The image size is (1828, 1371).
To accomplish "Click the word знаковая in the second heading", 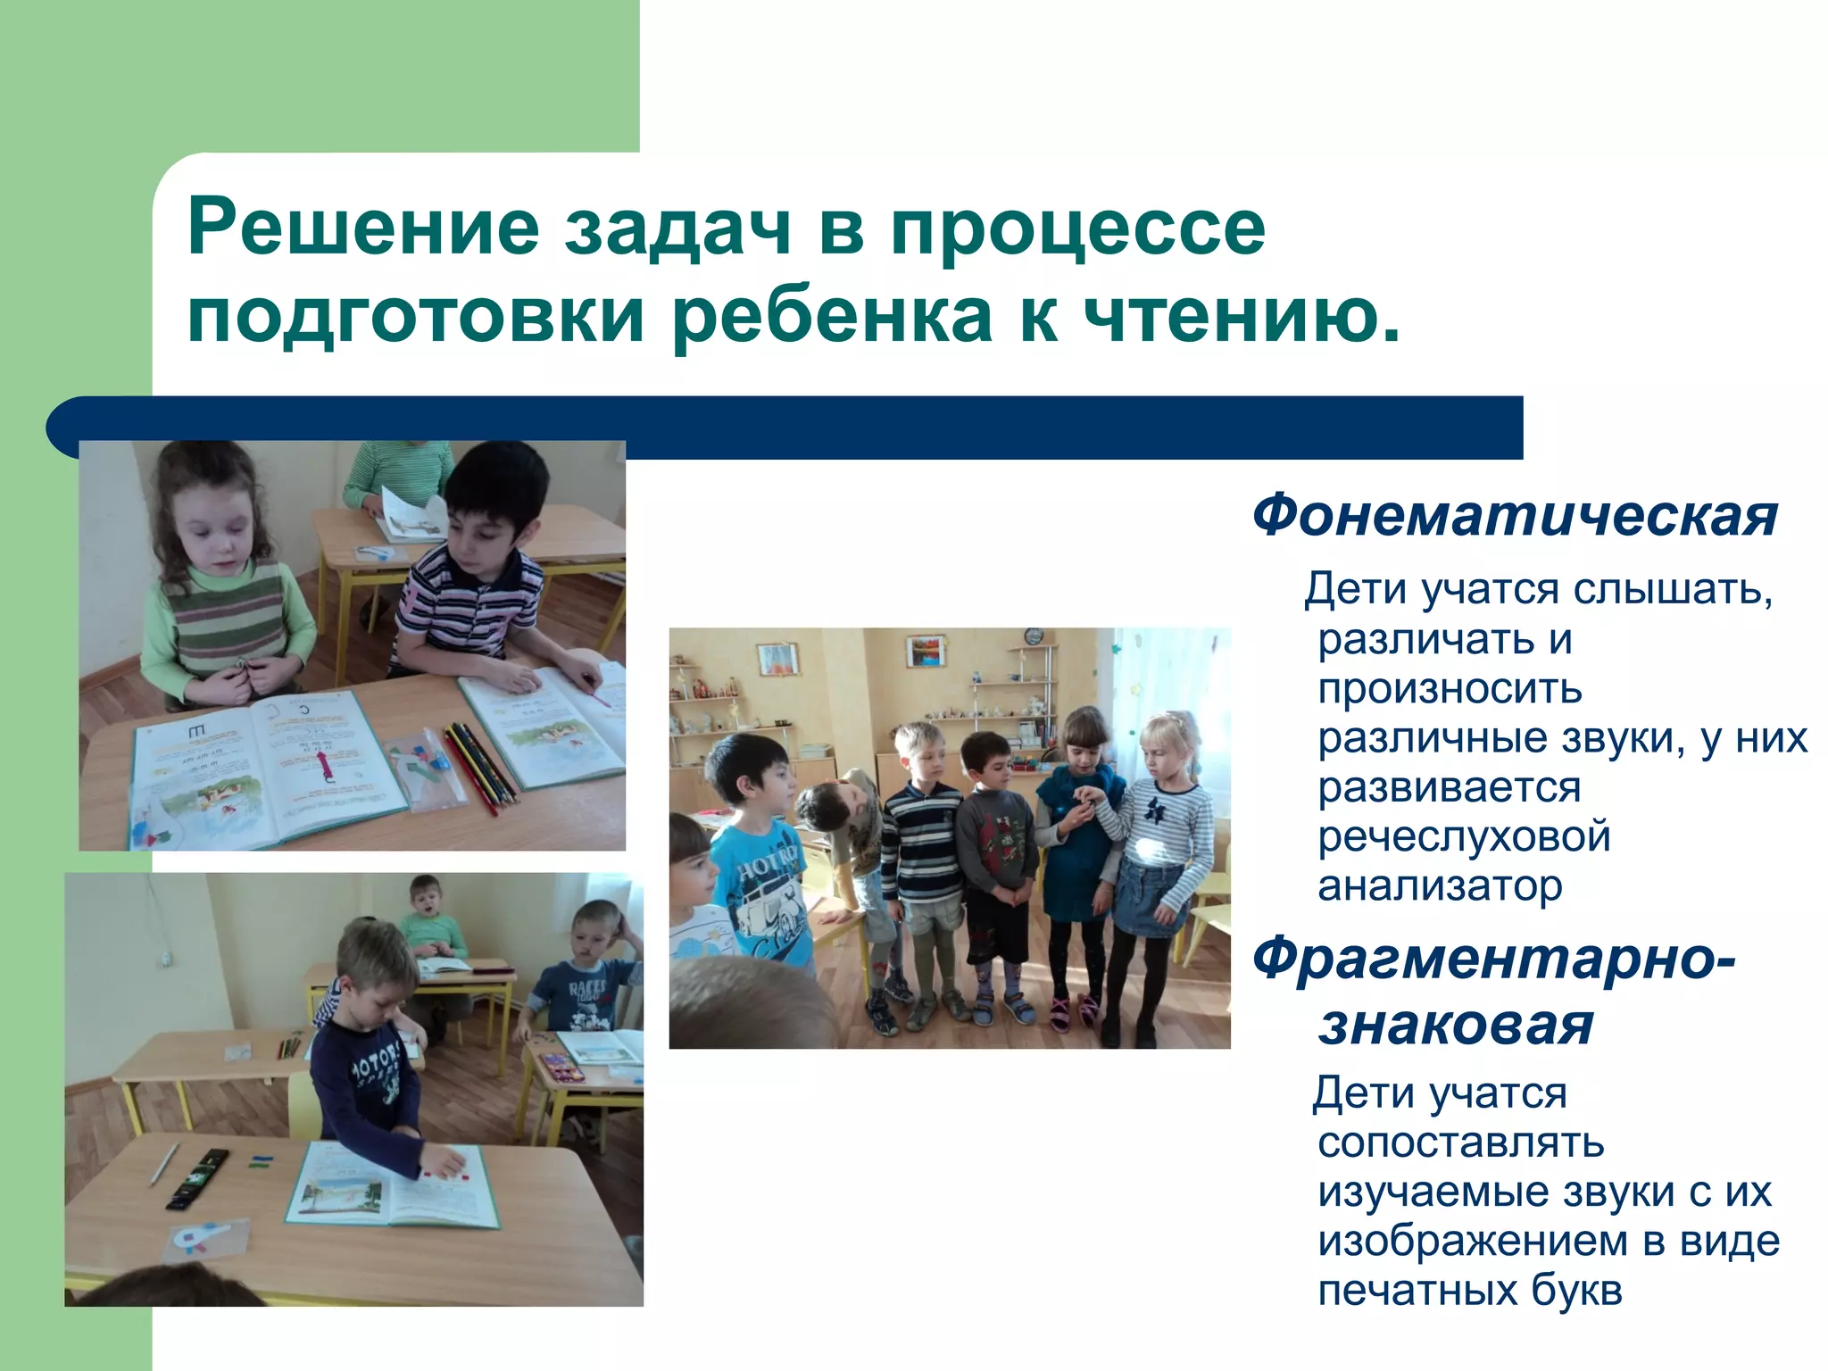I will pos(1455,1025).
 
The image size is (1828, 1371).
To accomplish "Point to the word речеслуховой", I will pos(1464,837).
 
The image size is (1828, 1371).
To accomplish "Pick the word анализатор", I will pos(1440,886).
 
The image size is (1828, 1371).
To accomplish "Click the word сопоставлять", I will pos(1460,1142).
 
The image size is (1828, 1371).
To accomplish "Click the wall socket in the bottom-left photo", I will pos(164,959).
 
